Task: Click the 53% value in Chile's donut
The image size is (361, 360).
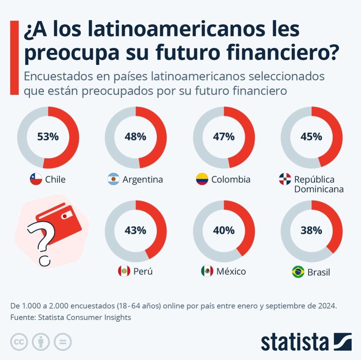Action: point(48,136)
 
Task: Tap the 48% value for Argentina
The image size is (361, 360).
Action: point(136,136)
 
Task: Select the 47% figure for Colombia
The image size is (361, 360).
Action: point(224,136)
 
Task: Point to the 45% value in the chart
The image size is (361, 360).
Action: point(312,136)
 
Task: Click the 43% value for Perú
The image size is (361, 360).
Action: point(136,231)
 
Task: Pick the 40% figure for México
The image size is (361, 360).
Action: point(224,231)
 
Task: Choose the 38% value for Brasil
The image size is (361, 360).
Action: point(312,231)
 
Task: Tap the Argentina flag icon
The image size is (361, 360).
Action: point(113,180)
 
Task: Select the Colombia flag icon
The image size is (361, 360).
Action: point(201,180)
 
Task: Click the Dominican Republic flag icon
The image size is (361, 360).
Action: point(285,180)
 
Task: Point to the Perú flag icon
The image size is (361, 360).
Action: point(123,272)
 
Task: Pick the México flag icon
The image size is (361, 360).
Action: point(207,272)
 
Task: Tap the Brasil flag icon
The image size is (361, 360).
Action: point(298,272)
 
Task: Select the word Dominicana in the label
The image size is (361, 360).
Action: point(319,189)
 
